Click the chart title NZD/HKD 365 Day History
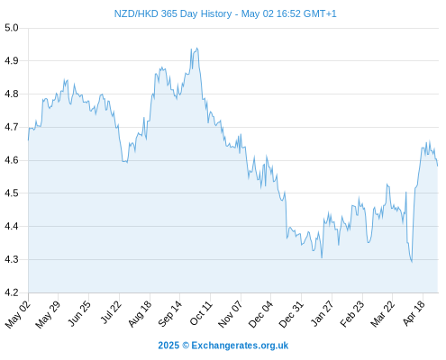tap(173, 13)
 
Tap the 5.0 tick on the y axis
tap(12, 28)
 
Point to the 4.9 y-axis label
tap(12, 61)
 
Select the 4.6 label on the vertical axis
tap(12, 160)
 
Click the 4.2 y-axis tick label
tap(12, 292)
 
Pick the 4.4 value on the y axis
tap(12, 226)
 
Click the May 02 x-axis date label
tap(17, 314)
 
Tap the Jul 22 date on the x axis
tap(110, 312)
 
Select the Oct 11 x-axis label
tap(201, 313)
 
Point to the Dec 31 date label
tap(291, 314)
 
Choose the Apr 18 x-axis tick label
tap(414, 313)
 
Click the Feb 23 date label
tap(351, 314)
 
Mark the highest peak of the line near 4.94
tap(196, 48)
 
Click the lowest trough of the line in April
tap(412, 262)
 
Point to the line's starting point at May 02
tap(29, 140)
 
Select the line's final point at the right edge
tap(438, 166)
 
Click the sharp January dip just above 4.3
tap(322, 257)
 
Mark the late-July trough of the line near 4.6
tap(127, 162)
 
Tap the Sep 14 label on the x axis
tap(170, 313)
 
